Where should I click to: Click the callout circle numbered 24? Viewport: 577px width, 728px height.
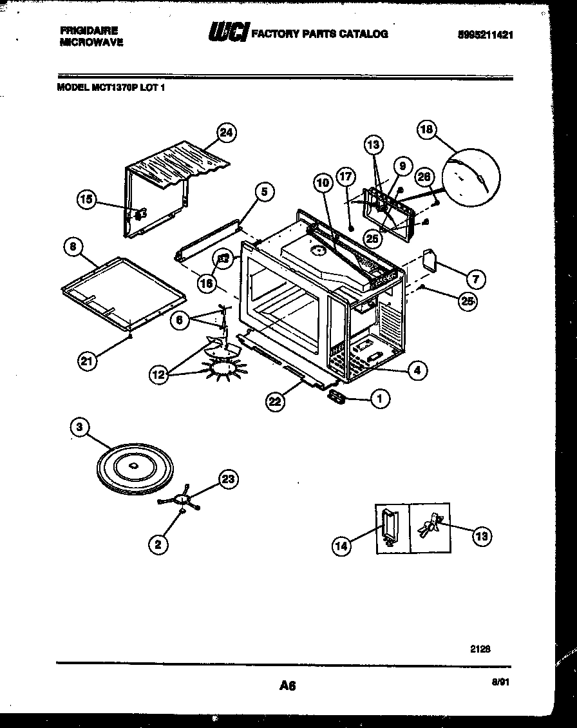tap(225, 133)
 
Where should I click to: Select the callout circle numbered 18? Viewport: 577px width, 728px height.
tap(426, 129)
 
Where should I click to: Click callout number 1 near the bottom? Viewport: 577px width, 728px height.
tap(379, 399)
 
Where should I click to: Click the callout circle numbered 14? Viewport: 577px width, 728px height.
tap(342, 546)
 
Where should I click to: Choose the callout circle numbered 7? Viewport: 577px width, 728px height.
tap(475, 279)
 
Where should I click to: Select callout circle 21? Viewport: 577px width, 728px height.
tap(86, 361)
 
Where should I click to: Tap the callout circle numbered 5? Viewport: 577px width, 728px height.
tap(263, 191)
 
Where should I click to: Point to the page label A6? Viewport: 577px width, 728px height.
tap(287, 686)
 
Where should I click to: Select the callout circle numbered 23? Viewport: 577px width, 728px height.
tap(229, 479)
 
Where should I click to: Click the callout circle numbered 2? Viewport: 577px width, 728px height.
tap(159, 544)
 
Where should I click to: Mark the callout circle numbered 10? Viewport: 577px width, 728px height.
tap(324, 184)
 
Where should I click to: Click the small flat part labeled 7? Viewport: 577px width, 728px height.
tap(431, 260)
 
